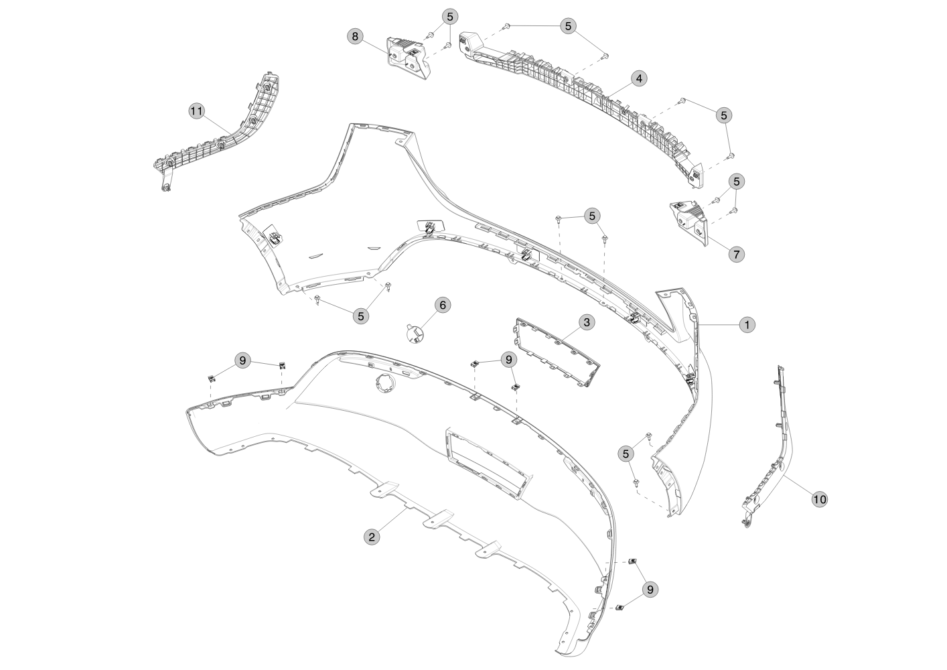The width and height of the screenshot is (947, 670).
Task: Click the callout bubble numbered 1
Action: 747,325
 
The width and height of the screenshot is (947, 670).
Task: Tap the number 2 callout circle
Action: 372,537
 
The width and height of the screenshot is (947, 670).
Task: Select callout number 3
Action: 587,322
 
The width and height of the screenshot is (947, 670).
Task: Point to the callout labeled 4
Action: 639,78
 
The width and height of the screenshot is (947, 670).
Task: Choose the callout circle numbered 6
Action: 443,305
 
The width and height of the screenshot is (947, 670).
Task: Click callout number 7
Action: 737,255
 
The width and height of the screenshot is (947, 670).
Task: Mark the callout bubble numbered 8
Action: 355,36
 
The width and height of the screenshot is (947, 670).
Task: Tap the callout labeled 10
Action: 819,500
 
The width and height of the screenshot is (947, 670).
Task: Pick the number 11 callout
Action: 196,112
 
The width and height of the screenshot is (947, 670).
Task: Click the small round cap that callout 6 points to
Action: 415,333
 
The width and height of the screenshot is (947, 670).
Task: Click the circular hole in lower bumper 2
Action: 384,384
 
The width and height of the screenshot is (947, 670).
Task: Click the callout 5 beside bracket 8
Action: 450,17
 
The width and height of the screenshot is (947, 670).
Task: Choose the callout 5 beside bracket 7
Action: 737,182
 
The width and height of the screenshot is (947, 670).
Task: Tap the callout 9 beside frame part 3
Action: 508,360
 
